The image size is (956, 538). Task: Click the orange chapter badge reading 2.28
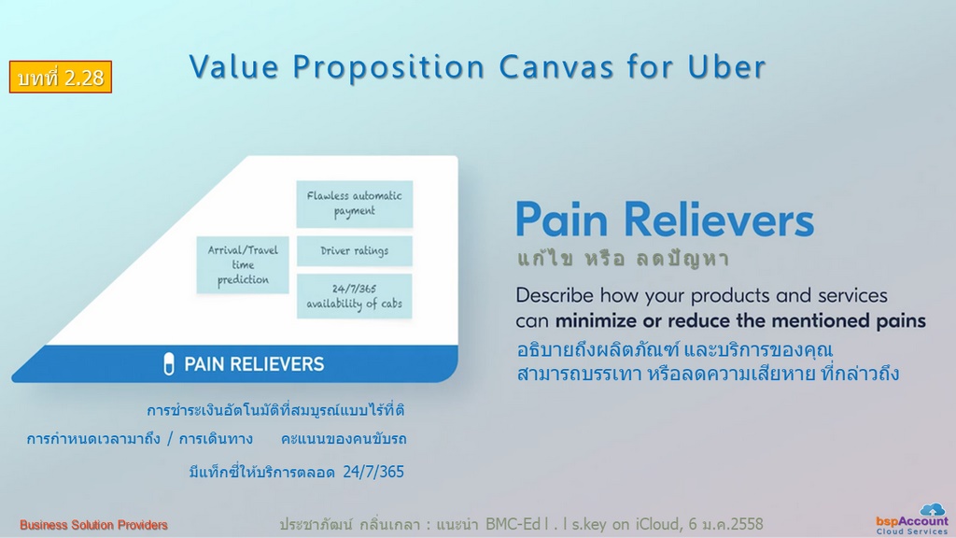(x=61, y=77)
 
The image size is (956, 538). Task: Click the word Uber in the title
(x=726, y=66)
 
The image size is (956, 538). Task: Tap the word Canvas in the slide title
(x=555, y=66)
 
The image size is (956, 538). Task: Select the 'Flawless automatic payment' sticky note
(x=354, y=204)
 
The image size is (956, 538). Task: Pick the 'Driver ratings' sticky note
(x=354, y=250)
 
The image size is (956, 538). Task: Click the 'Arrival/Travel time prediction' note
(x=243, y=264)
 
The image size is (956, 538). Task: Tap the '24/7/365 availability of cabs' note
(x=354, y=296)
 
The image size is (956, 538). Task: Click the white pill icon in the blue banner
(x=169, y=364)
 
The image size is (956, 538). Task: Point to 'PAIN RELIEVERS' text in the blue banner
(x=254, y=364)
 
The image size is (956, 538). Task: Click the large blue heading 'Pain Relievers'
(x=665, y=219)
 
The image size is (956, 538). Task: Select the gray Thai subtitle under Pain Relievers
(x=623, y=260)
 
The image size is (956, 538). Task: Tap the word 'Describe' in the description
(x=555, y=295)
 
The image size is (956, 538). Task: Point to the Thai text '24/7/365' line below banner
(x=296, y=472)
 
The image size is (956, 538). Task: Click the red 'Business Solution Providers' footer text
(x=93, y=525)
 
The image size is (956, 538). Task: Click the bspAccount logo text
(x=912, y=521)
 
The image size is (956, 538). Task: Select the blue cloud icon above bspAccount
(x=933, y=509)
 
